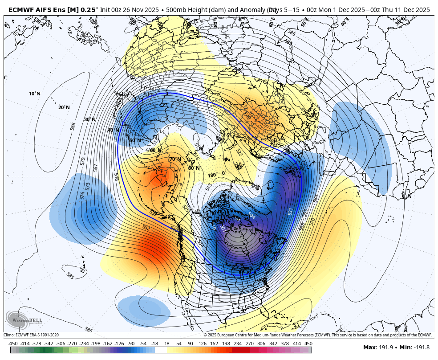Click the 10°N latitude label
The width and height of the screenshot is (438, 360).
pyautogui.click(x=35, y=94)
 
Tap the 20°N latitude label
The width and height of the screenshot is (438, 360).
pyautogui.click(x=64, y=107)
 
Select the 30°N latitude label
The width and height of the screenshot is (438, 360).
pyautogui.click(x=90, y=119)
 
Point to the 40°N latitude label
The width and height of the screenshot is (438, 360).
pyautogui.click(x=113, y=130)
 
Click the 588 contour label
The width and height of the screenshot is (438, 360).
pyautogui.click(x=73, y=126)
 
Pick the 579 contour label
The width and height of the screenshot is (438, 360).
pyautogui.click(x=82, y=161)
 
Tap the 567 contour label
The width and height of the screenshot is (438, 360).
pyautogui.click(x=95, y=167)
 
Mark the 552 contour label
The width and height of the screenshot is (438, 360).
pyautogui.click(x=146, y=228)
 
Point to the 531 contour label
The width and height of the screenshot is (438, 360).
pyautogui.click(x=290, y=211)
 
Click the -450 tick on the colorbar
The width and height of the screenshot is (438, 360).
pyautogui.click(x=13, y=344)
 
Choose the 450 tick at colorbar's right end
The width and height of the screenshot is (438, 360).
pyautogui.click(x=308, y=344)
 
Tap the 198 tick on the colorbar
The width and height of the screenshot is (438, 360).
pyautogui.click(x=226, y=344)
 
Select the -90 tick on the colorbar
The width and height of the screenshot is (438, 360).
pyautogui.click(x=131, y=344)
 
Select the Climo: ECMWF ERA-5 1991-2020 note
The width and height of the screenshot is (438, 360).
pyautogui.click(x=31, y=335)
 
